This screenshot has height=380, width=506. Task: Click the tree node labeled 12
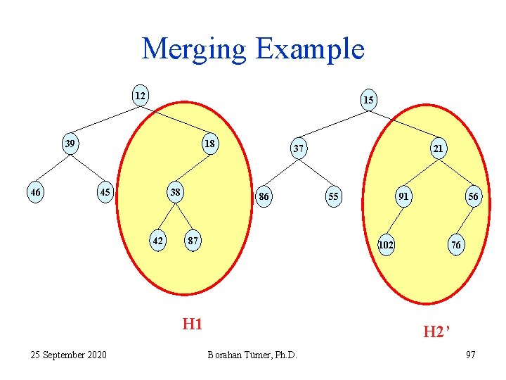[141, 96]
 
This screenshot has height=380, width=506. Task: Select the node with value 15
[368, 100]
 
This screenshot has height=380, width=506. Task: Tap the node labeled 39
[70, 144]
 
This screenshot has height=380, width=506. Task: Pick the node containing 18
[209, 144]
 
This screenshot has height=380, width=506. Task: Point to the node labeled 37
[299, 148]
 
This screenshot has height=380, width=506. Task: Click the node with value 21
[438, 148]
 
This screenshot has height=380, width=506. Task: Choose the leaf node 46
[34, 191]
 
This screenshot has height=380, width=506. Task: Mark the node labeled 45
[105, 193]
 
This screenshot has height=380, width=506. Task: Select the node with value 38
[174, 191]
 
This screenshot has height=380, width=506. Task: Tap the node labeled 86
[264, 196]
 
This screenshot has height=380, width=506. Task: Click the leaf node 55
[333, 196]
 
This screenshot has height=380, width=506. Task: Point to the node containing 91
[403, 196]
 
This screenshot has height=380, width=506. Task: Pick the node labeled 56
[473, 198]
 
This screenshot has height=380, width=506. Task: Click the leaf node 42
[158, 241]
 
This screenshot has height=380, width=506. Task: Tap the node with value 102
[386, 245]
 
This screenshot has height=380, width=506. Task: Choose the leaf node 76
[456, 245]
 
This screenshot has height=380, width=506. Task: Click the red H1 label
[192, 324]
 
